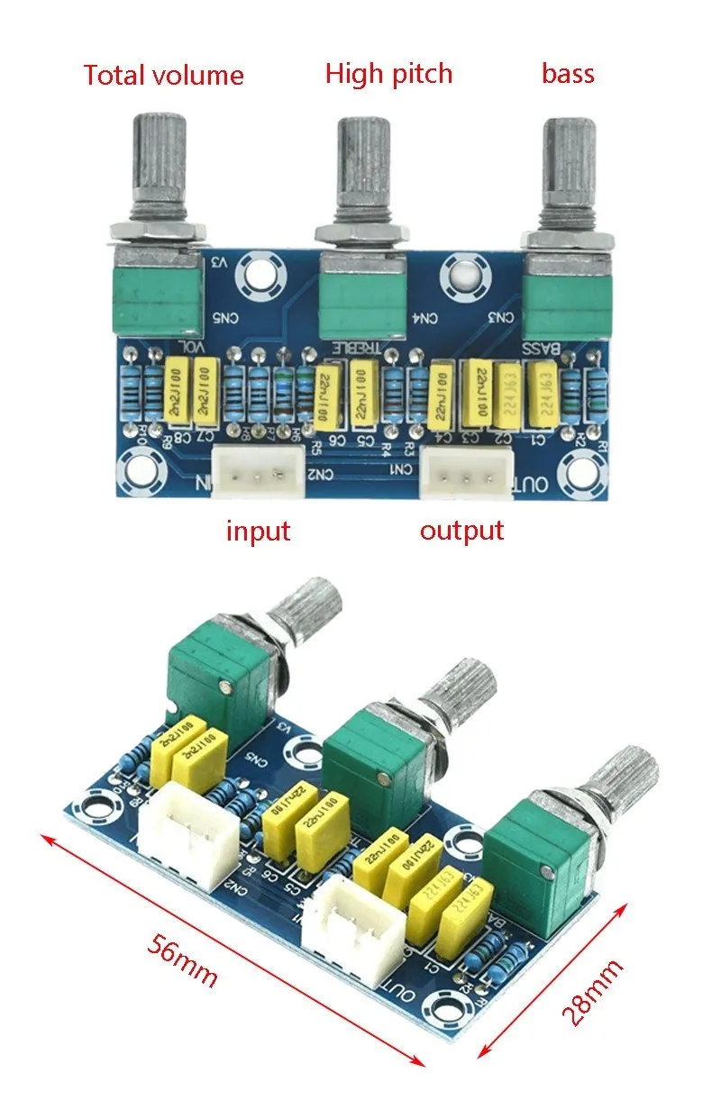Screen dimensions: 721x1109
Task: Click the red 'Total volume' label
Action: (x=163, y=75)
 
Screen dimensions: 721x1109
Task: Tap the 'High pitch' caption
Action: (x=388, y=73)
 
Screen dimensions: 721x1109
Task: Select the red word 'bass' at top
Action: (x=568, y=73)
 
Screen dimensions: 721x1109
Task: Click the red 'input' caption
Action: (x=258, y=531)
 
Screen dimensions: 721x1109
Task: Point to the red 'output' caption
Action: (x=461, y=530)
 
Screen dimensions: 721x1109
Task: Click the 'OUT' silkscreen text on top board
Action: (x=532, y=485)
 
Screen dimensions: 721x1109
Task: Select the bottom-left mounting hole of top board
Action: (x=142, y=468)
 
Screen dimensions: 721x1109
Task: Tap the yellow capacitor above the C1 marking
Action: (x=543, y=393)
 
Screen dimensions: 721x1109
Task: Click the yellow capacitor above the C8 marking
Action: (x=178, y=393)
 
